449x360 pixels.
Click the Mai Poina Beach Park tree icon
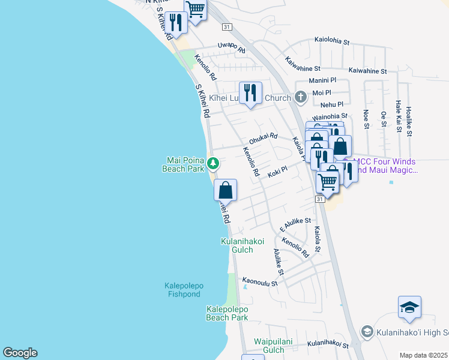coord(212,163)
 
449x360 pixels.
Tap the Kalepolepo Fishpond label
coord(187,290)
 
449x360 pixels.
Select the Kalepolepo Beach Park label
coord(227,313)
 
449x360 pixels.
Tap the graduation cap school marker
coord(409,308)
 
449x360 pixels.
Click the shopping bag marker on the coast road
coord(225,190)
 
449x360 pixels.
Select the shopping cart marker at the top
coord(195,8)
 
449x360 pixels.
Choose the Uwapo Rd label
coord(232,47)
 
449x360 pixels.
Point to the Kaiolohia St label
coord(332,41)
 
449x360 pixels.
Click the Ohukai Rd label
coord(264,138)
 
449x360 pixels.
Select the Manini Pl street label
coord(322,80)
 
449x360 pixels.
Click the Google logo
coord(20,353)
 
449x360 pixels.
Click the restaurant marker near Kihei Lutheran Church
coord(250,92)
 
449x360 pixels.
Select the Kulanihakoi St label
coord(328,344)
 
